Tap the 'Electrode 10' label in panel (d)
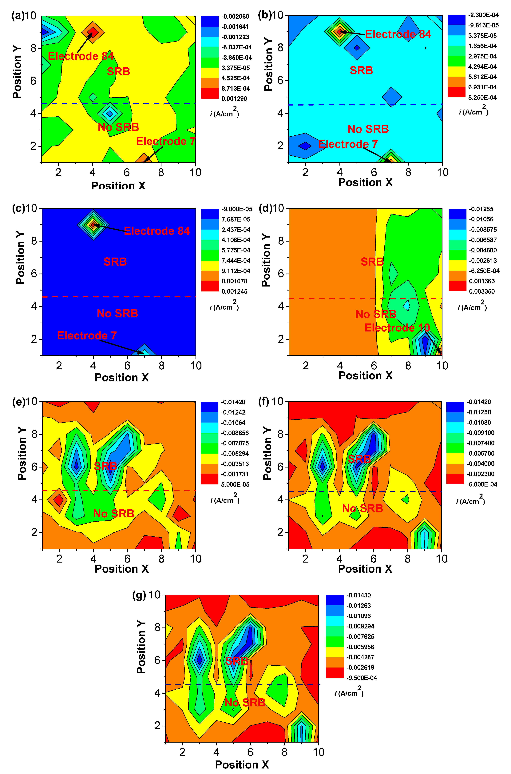click(x=397, y=328)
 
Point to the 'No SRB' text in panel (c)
click(x=117, y=313)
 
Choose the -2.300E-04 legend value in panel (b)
click(x=483, y=15)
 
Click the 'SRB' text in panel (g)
click(x=237, y=661)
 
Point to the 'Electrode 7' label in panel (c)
click(x=87, y=335)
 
